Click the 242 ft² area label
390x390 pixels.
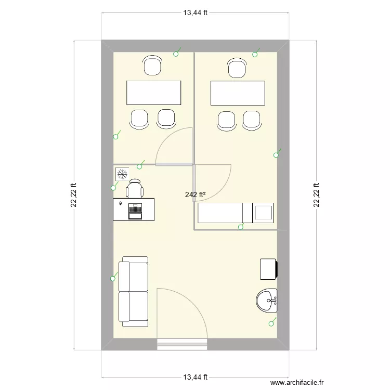195,195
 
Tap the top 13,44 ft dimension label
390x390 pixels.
196,13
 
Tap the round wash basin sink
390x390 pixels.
267,300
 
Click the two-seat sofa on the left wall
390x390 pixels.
134,291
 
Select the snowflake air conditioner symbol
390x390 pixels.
122,173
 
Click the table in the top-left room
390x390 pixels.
154,93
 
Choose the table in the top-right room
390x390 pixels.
238,93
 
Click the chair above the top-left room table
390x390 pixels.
152,66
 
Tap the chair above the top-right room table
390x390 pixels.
237,68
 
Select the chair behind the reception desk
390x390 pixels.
135,188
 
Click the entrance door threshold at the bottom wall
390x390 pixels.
183,342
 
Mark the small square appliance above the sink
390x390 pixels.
268,269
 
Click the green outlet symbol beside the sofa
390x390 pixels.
113,279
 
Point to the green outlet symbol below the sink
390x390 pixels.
270,323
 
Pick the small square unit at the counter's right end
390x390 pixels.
263,212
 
